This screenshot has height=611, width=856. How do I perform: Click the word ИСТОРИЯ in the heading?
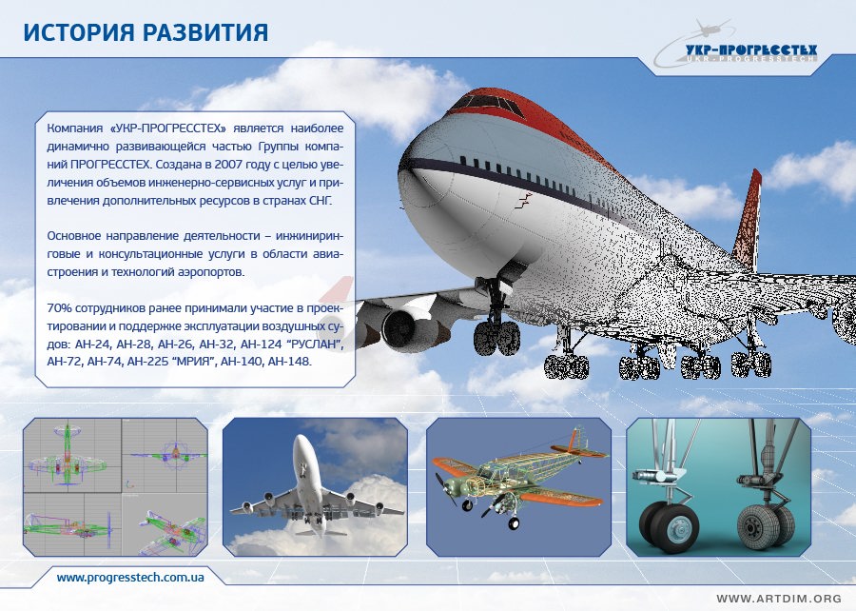[79, 32]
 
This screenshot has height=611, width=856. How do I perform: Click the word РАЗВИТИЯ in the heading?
[205, 32]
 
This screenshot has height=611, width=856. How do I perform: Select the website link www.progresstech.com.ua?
[130, 577]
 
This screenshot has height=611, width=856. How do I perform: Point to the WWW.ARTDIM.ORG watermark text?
[779, 599]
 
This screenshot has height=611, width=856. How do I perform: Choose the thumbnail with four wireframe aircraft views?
[115, 487]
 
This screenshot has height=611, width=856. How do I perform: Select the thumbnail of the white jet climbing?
[315, 487]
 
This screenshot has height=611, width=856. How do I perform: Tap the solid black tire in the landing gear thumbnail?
[669, 528]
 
